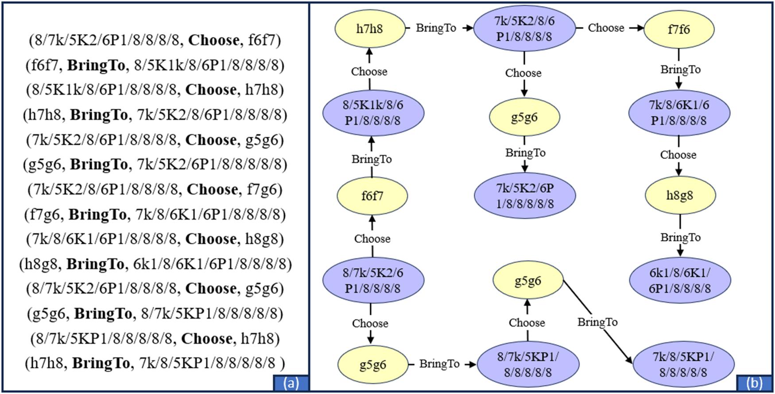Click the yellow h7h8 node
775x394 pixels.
(370, 29)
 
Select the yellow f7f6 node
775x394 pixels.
(678, 29)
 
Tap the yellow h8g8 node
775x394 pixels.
(680, 195)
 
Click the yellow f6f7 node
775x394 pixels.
(372, 196)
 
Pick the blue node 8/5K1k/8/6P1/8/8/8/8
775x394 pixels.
(373, 112)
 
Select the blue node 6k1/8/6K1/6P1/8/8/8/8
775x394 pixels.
(680, 280)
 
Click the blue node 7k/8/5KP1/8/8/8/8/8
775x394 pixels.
(683, 364)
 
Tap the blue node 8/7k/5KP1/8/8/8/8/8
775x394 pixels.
(528, 364)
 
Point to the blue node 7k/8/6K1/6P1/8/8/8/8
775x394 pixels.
(679, 112)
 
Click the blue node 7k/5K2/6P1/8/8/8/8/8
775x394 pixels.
(525, 196)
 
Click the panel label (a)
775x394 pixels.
(291, 382)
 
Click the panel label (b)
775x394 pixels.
(754, 382)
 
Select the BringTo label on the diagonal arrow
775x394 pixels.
(597, 322)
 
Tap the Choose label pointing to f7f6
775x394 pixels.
(606, 28)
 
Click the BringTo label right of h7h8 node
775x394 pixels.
(436, 28)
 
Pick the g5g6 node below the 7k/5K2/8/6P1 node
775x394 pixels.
(524, 117)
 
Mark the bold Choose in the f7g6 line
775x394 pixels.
(212, 189)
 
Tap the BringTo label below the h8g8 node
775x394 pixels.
(680, 237)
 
